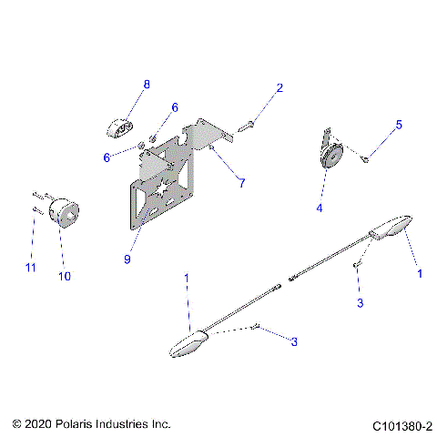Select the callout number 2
coord(280,88)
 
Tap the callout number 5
coord(398,125)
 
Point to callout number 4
coord(320,208)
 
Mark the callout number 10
coord(64,275)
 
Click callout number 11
coord(30,268)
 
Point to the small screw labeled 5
coord(365,158)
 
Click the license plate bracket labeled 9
coord(168,191)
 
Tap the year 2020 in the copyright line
coord(38,425)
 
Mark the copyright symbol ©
coord(15,425)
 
